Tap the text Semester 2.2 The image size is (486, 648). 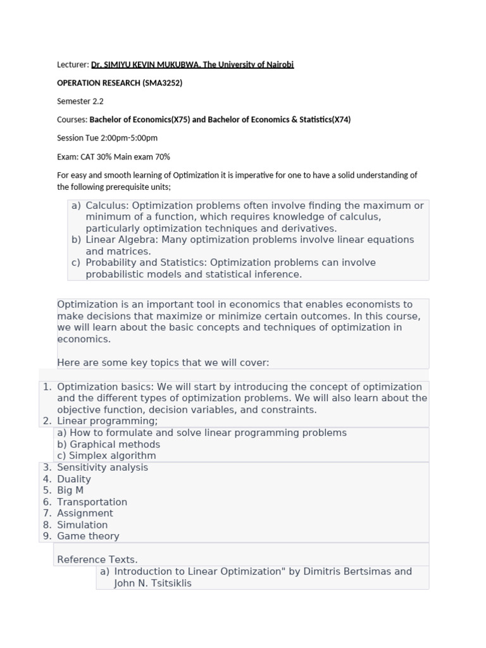(x=80, y=101)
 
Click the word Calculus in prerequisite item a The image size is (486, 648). (x=106, y=206)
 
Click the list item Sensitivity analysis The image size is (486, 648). (x=103, y=468)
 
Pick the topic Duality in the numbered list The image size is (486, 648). (x=74, y=479)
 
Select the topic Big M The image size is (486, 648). (x=70, y=490)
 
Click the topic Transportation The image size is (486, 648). (x=92, y=502)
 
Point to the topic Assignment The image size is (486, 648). (x=85, y=513)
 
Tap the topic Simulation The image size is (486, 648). (x=82, y=525)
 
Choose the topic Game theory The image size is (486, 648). (x=88, y=536)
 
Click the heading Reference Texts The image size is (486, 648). (x=97, y=559)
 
